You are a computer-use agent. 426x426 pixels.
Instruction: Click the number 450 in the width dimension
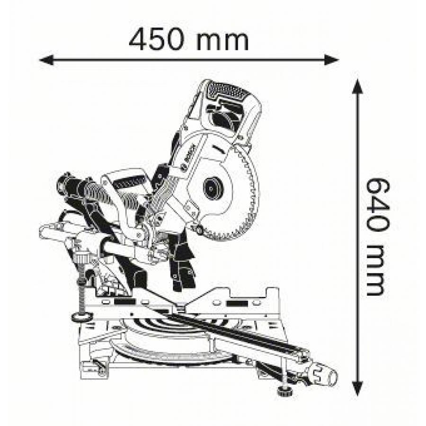click(x=157, y=41)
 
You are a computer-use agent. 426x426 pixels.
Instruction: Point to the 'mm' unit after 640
click(x=375, y=271)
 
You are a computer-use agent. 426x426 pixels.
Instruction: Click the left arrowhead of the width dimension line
click(x=46, y=60)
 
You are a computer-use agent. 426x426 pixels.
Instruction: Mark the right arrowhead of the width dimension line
click(x=332, y=60)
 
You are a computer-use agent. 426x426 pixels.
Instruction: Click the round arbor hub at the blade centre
click(x=214, y=189)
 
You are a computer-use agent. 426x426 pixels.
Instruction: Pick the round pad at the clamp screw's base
click(x=82, y=317)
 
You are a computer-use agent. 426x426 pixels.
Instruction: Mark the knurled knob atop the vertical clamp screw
click(x=81, y=256)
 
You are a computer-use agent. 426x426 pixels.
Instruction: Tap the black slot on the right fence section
click(x=238, y=303)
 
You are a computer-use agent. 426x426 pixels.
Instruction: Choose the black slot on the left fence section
click(x=124, y=302)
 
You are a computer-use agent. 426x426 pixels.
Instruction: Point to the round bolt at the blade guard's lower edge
click(x=199, y=230)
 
